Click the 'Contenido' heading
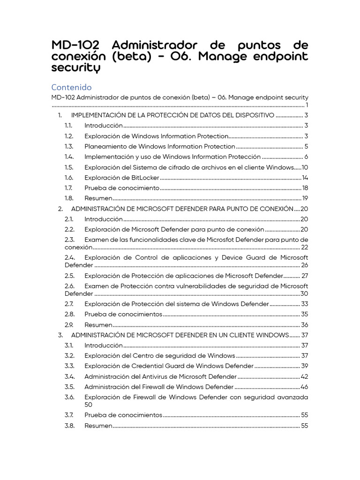coord(71,87)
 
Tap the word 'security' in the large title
coord(76,68)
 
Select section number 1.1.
coord(69,126)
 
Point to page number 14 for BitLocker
coord(305,178)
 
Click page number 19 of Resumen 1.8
coord(305,198)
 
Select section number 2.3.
coord(69,240)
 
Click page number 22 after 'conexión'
coord(305,247)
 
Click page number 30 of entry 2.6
coord(304,293)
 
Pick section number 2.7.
coord(69,304)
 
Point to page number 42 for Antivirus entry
coord(304,376)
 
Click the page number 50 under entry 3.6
coord(89,405)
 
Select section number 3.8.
coord(69,426)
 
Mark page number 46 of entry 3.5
coord(304,387)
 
